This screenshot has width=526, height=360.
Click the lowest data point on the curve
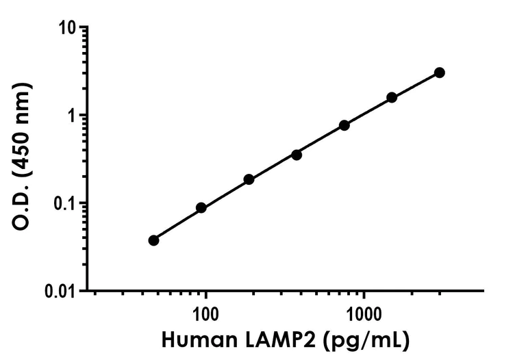(153, 240)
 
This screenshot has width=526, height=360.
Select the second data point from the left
(201, 207)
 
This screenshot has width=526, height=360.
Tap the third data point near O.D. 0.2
(249, 179)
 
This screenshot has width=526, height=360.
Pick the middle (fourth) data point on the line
(297, 155)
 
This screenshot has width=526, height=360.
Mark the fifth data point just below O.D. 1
(345, 125)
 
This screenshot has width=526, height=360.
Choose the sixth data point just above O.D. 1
(392, 97)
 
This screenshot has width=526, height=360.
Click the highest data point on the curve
(439, 73)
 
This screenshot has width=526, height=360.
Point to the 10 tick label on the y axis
(67, 27)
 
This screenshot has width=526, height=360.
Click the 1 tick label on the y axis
(71, 115)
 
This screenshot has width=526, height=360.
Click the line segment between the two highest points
(416, 85)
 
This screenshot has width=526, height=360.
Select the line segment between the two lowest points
(177, 224)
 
